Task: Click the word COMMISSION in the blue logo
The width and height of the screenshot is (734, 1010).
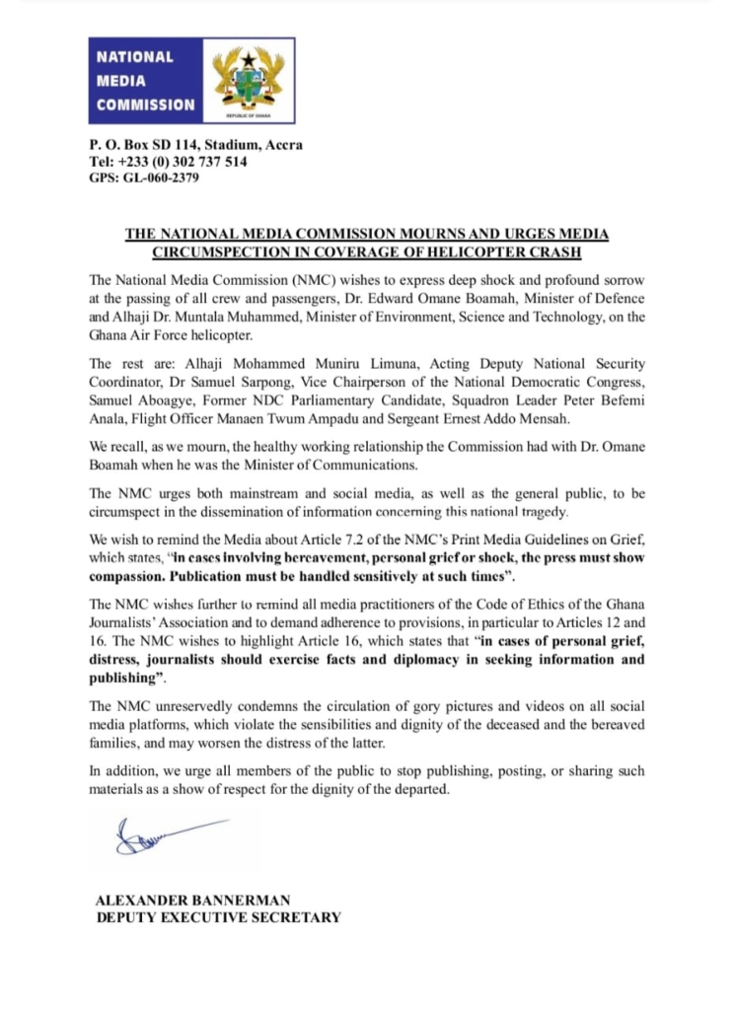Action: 145,105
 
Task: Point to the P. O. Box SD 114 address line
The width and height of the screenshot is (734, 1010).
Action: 195,145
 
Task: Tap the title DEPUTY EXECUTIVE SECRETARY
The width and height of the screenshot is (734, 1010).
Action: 218,917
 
